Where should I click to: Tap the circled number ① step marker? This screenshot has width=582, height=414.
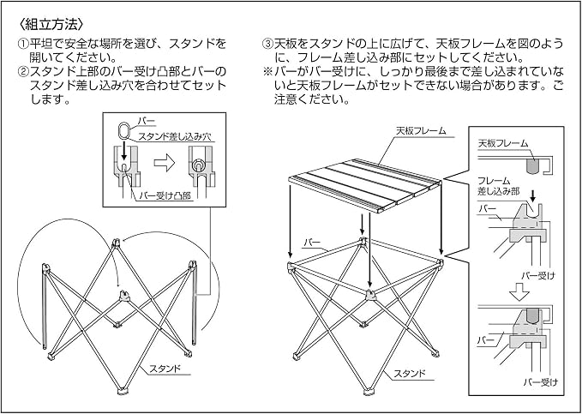click(x=23, y=45)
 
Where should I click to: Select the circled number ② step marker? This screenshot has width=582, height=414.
click(x=23, y=72)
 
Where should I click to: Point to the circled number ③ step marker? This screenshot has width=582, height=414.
click(x=267, y=45)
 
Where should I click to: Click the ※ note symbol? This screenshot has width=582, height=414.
click(x=267, y=72)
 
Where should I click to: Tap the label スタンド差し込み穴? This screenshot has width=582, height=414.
click(x=175, y=136)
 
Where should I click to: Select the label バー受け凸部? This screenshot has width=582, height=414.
click(x=165, y=195)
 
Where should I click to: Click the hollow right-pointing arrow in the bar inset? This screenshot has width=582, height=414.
click(x=164, y=164)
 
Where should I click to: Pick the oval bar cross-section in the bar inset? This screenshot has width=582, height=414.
click(x=125, y=130)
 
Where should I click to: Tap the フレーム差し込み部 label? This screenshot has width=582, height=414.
click(x=499, y=186)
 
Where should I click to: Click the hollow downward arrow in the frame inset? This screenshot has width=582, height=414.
click(x=519, y=291)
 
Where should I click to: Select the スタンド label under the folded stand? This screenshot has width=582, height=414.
click(x=165, y=369)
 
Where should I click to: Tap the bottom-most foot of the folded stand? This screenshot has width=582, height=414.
click(x=122, y=392)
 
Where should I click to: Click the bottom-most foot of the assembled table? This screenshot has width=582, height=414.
click(x=369, y=392)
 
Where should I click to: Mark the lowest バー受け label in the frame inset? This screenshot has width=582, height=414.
click(x=541, y=382)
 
